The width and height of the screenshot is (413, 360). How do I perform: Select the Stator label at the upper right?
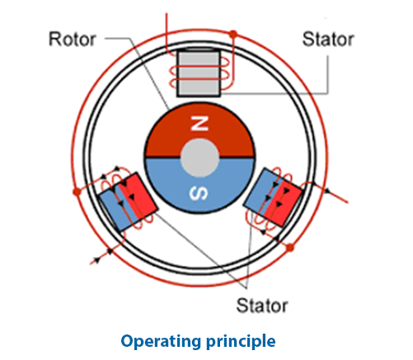click(x=328, y=39)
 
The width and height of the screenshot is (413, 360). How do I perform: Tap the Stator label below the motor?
click(x=262, y=306)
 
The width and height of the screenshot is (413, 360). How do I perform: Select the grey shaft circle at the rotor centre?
click(x=198, y=157)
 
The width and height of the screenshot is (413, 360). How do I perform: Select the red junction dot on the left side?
click(x=76, y=191)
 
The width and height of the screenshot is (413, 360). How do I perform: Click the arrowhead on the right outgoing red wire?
click(x=327, y=191)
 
